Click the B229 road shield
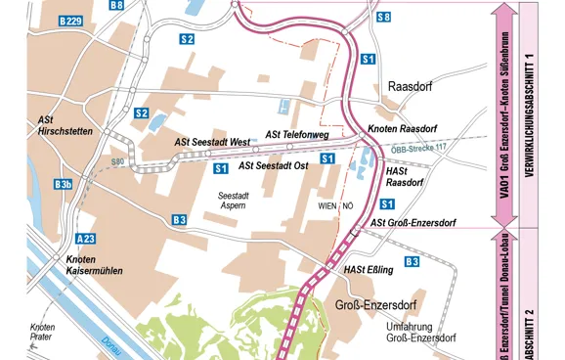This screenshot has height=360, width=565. (x=69, y=21)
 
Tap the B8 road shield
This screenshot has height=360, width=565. (x=116, y=6)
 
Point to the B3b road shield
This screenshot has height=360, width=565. (x=64, y=184)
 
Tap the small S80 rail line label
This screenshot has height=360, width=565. (x=118, y=161)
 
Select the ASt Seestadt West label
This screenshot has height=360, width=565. (x=213, y=142)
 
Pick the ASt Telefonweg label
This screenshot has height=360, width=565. (x=297, y=134)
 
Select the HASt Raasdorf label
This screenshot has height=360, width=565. (x=404, y=176)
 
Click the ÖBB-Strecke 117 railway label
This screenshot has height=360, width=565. (x=418, y=148)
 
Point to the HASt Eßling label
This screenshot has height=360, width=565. (x=369, y=269)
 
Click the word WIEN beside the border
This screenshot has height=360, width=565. (x=327, y=206)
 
